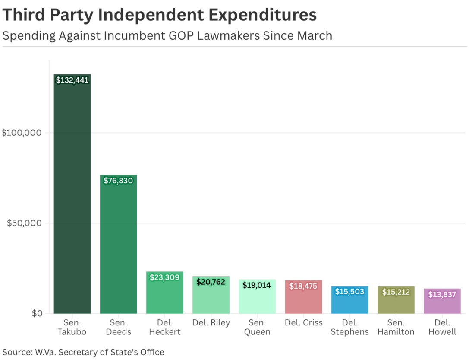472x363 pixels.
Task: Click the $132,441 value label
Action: (72, 80)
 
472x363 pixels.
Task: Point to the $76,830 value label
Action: (118, 181)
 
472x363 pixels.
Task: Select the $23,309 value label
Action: (164, 277)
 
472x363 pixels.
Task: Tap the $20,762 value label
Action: (211, 282)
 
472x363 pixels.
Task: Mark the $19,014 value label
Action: (257, 285)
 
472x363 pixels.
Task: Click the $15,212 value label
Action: (396, 292)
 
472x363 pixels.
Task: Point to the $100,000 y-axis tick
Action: (22, 133)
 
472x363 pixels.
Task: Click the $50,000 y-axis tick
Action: (24, 223)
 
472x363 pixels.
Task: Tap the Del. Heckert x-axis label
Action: (164, 327)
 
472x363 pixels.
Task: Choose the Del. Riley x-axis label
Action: (211, 323)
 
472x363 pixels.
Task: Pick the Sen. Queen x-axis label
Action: (257, 327)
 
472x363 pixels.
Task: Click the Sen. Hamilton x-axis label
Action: (396, 327)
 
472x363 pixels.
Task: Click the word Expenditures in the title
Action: (263, 15)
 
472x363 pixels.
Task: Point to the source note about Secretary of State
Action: (83, 352)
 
